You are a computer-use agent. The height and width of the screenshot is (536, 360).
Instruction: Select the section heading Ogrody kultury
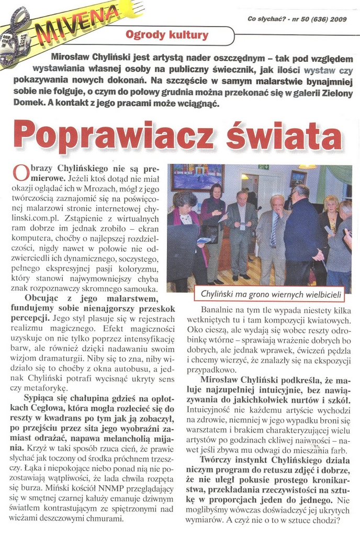(x=167, y=36)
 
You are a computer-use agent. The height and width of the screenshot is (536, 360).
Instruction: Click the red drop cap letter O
(x=20, y=172)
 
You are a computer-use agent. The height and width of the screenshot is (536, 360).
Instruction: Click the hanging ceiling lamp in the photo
(x=307, y=167)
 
